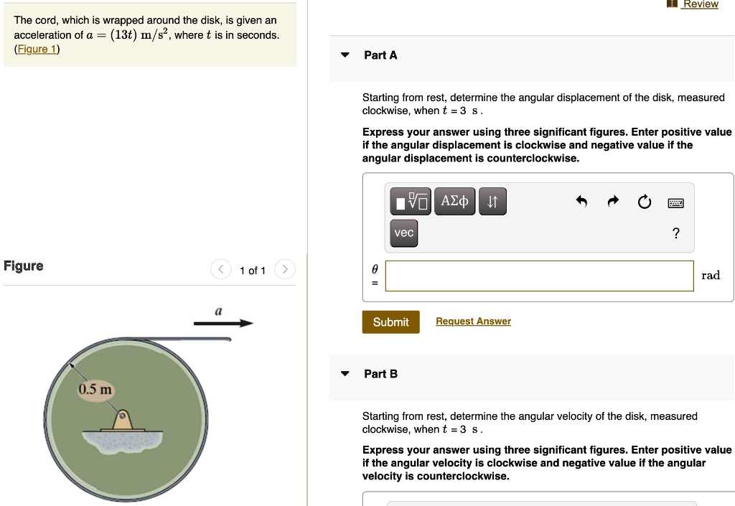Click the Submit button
(390, 322)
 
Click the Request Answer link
(473, 322)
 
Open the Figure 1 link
(37, 49)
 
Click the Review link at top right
(700, 4)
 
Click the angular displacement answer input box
(539, 276)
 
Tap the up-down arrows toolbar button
(492, 202)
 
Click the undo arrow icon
(582, 203)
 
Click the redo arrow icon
(613, 203)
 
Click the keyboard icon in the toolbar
(675, 203)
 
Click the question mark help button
(675, 233)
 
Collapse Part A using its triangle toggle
(345, 55)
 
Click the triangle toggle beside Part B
(345, 374)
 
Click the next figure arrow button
(285, 271)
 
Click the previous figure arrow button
(220, 271)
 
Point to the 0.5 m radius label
(95, 390)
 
